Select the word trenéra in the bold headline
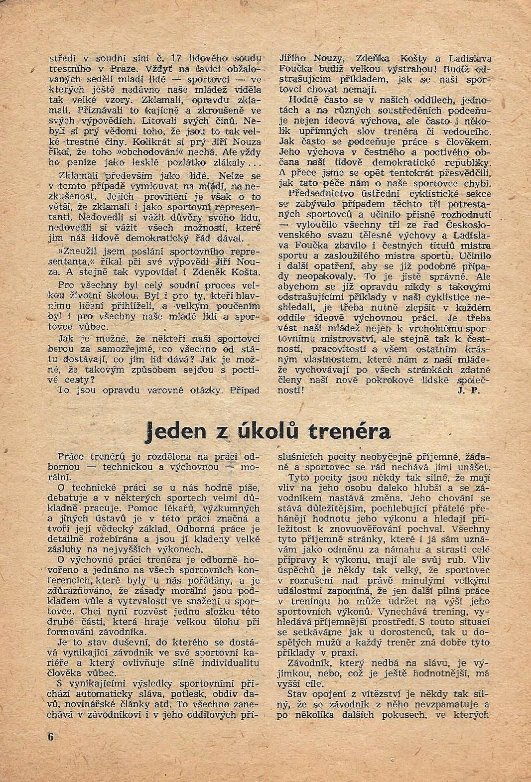347,430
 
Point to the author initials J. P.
468,391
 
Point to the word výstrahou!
405,68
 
